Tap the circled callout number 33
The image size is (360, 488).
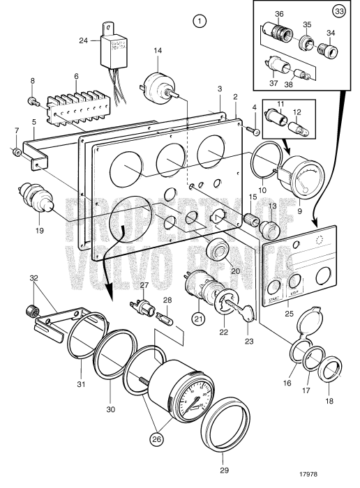click(338, 12)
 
